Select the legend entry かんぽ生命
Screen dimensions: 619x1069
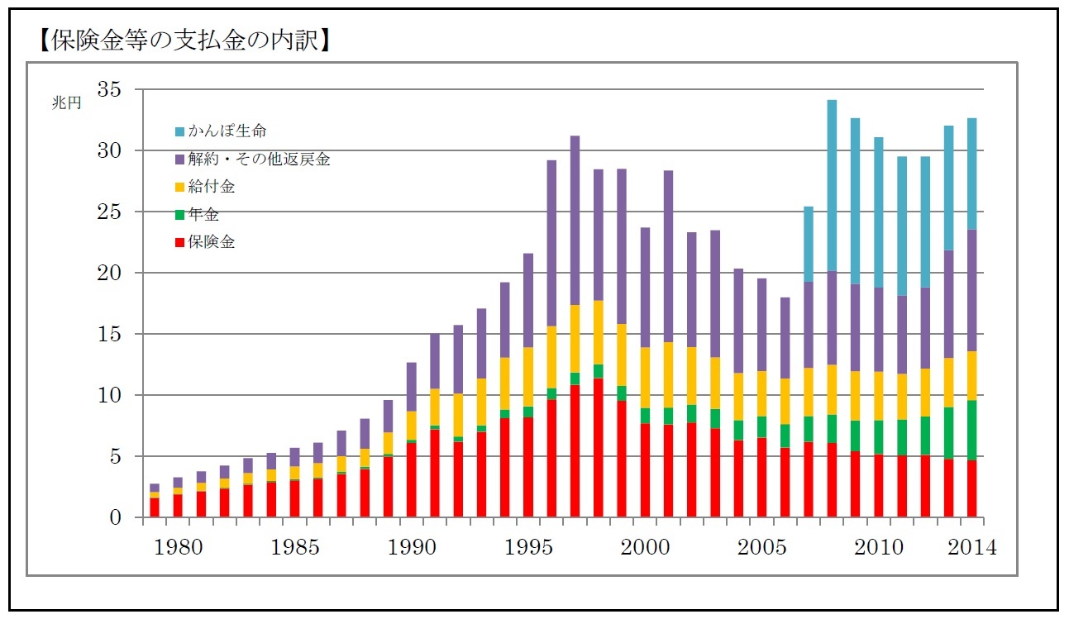[227, 131]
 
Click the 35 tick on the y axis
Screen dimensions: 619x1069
[109, 89]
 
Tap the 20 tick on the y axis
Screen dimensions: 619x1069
[109, 273]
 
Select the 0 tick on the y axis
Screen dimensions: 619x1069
[117, 517]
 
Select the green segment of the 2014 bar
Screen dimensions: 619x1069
[972, 430]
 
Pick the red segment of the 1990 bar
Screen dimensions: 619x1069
[411, 479]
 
